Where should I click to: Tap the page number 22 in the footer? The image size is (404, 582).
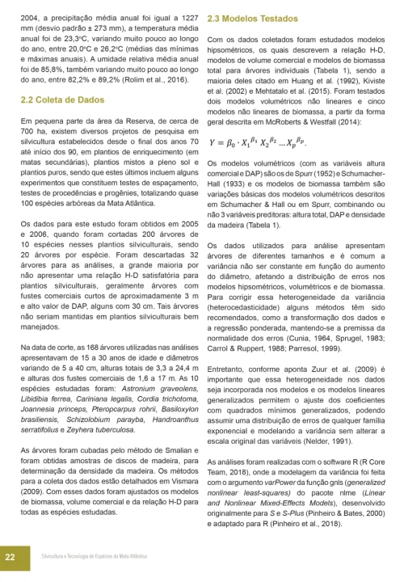click(11, 557)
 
